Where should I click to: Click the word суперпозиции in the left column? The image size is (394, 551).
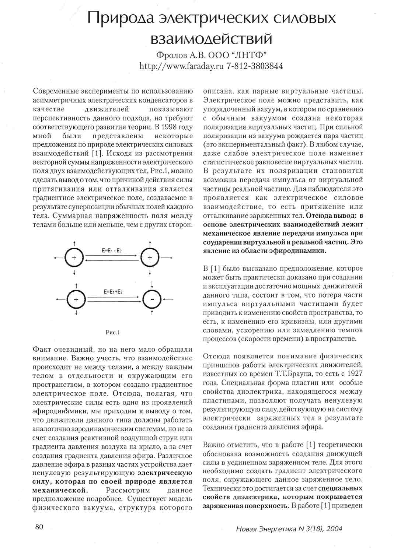coord(92,207)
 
